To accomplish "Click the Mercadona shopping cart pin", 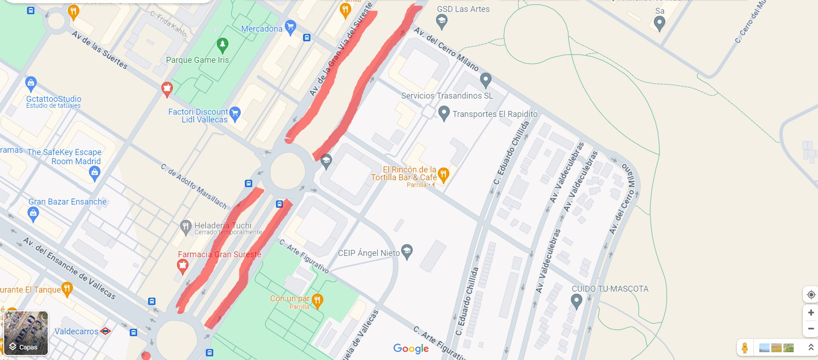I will point(290,27).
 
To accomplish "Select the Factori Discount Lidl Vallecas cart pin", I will point(235,114).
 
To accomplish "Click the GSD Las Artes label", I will point(463,9).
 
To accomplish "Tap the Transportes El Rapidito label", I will point(495,114).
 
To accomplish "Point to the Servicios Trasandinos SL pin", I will point(486,80).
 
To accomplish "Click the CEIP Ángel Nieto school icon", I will point(407,251).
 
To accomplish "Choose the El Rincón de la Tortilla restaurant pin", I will point(443,174).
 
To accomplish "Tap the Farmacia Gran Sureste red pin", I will point(182,266).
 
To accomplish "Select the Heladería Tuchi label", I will point(223,225).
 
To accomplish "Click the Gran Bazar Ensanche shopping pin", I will point(33,214).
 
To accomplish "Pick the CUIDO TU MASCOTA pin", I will point(576,301).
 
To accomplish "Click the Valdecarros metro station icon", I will point(105,331).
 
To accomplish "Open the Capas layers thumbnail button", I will point(26,333).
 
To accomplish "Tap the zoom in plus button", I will point(811,312).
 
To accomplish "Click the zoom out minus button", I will point(811,328).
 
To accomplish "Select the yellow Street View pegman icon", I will point(745,348).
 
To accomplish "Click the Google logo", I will point(411,349).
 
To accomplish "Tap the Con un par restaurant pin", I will point(317,300).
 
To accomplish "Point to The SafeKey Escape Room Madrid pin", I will point(94,173).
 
